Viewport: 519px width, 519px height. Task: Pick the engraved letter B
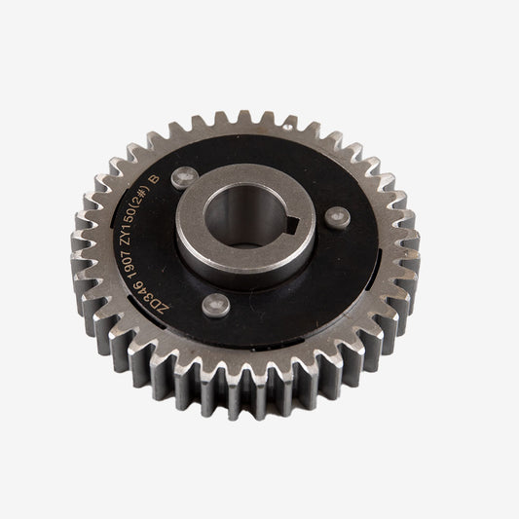click(x=176, y=179)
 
